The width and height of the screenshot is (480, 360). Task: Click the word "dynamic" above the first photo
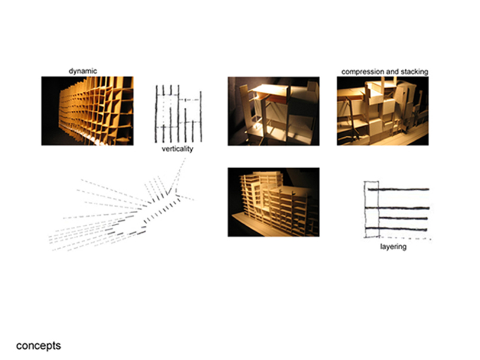click(x=83, y=71)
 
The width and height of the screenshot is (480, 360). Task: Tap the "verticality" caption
click(x=177, y=149)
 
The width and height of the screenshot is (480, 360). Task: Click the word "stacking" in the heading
click(x=414, y=72)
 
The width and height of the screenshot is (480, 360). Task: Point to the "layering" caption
click(x=394, y=246)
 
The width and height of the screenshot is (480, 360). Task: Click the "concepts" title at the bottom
click(x=38, y=346)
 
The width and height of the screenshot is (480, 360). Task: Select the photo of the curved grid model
click(x=88, y=111)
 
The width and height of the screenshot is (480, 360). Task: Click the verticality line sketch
click(x=179, y=114)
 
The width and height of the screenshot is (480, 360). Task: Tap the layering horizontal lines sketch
click(x=397, y=210)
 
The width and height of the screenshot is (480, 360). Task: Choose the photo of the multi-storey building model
click(x=273, y=202)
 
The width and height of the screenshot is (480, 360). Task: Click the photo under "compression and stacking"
click(x=383, y=111)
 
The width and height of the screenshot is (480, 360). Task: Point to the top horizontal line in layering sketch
click(x=398, y=189)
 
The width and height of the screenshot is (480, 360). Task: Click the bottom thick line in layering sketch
click(x=396, y=229)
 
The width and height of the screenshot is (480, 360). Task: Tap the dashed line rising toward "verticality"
click(x=176, y=175)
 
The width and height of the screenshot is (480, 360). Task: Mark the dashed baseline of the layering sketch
click(x=405, y=237)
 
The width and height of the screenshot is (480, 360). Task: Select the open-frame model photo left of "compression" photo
click(x=273, y=111)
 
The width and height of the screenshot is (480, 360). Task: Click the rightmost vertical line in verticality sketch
click(x=201, y=116)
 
